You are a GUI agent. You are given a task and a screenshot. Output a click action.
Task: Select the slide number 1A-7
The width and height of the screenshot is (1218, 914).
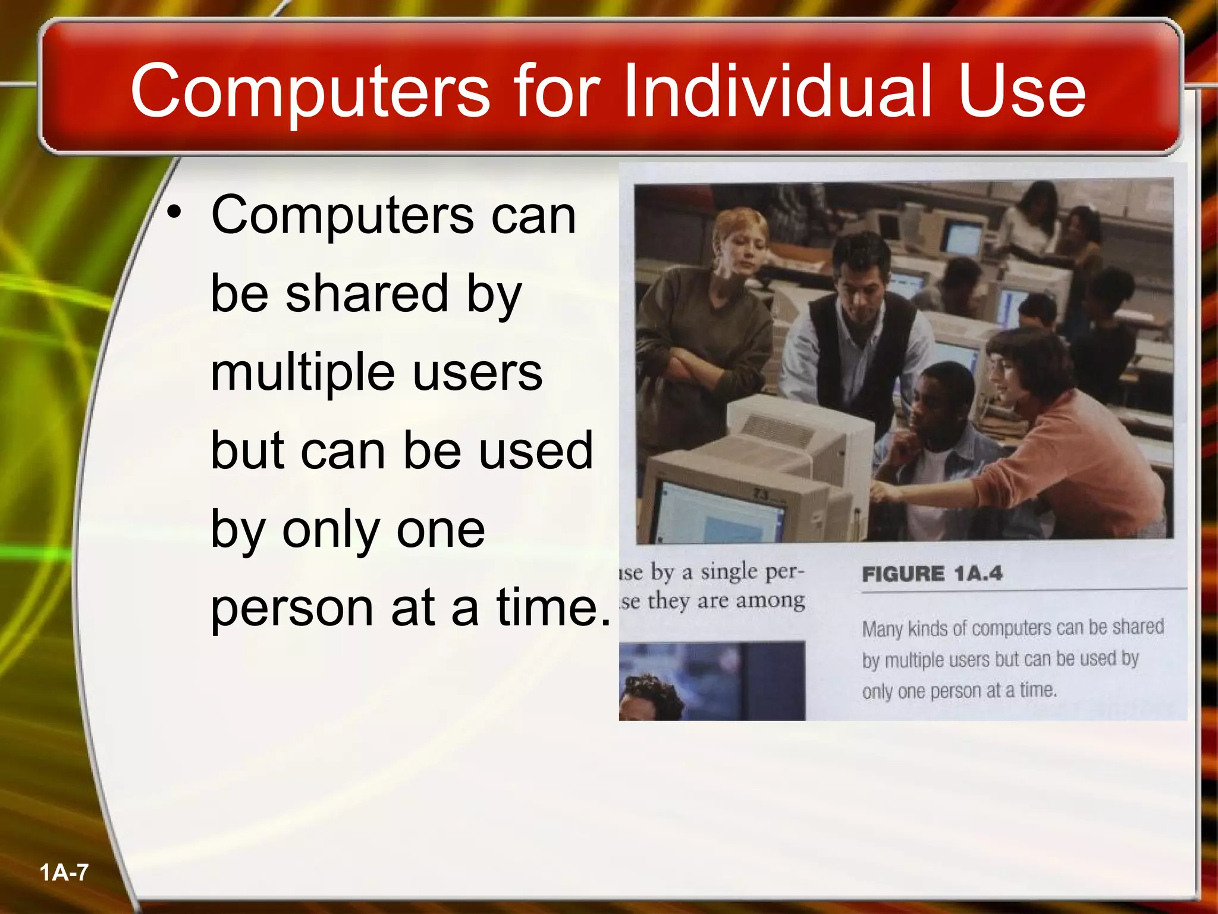coord(64,873)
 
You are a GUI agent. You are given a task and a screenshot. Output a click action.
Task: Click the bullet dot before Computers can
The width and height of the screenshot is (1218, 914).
coord(174,212)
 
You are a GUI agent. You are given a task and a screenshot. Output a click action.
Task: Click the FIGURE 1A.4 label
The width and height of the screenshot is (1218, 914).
coord(932,574)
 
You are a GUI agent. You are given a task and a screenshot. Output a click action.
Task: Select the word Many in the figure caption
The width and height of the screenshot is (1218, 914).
coord(882,629)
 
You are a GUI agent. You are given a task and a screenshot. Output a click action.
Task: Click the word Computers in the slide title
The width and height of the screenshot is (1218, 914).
coord(310,91)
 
